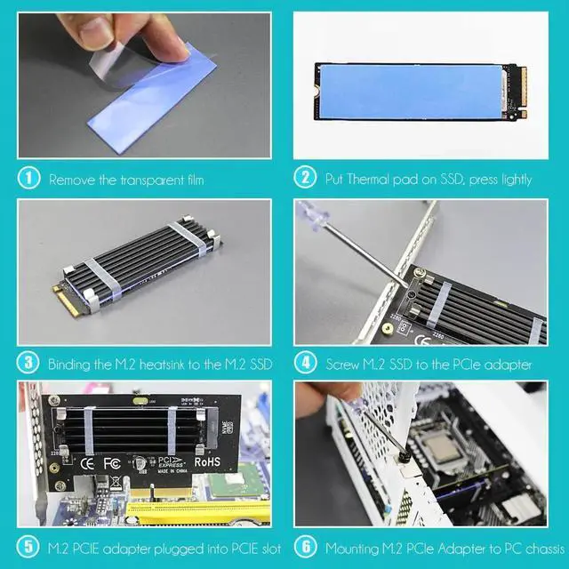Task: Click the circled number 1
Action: (28, 179)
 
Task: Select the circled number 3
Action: (28, 363)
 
